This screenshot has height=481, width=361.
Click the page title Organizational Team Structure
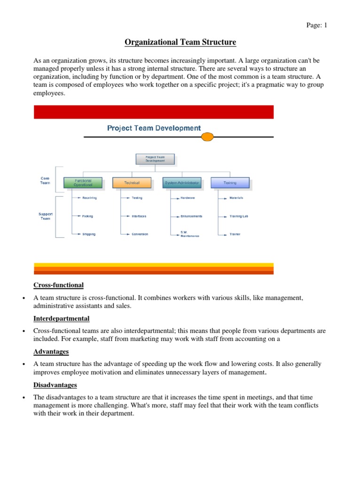[180, 43]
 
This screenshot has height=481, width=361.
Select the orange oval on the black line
[207, 137]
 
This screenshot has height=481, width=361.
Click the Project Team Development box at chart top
[155, 159]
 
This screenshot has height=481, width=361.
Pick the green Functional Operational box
[83, 182]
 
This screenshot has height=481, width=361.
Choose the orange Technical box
[132, 182]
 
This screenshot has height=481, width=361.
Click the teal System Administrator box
[182, 182]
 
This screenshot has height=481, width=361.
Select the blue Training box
[230, 182]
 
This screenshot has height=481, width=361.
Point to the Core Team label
[45, 181]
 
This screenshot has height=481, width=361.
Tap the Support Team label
[45, 216]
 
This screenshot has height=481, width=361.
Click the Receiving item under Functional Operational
[89, 198]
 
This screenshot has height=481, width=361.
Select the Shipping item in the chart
[88, 234]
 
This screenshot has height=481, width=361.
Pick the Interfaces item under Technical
[139, 216]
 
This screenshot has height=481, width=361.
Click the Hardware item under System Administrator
[188, 198]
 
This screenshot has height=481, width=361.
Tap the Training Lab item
[239, 216]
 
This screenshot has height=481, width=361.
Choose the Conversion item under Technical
[140, 234]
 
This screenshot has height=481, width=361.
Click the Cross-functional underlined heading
[58, 285]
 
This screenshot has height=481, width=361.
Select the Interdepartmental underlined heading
[62, 318]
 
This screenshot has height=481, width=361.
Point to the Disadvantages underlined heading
[55, 385]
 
